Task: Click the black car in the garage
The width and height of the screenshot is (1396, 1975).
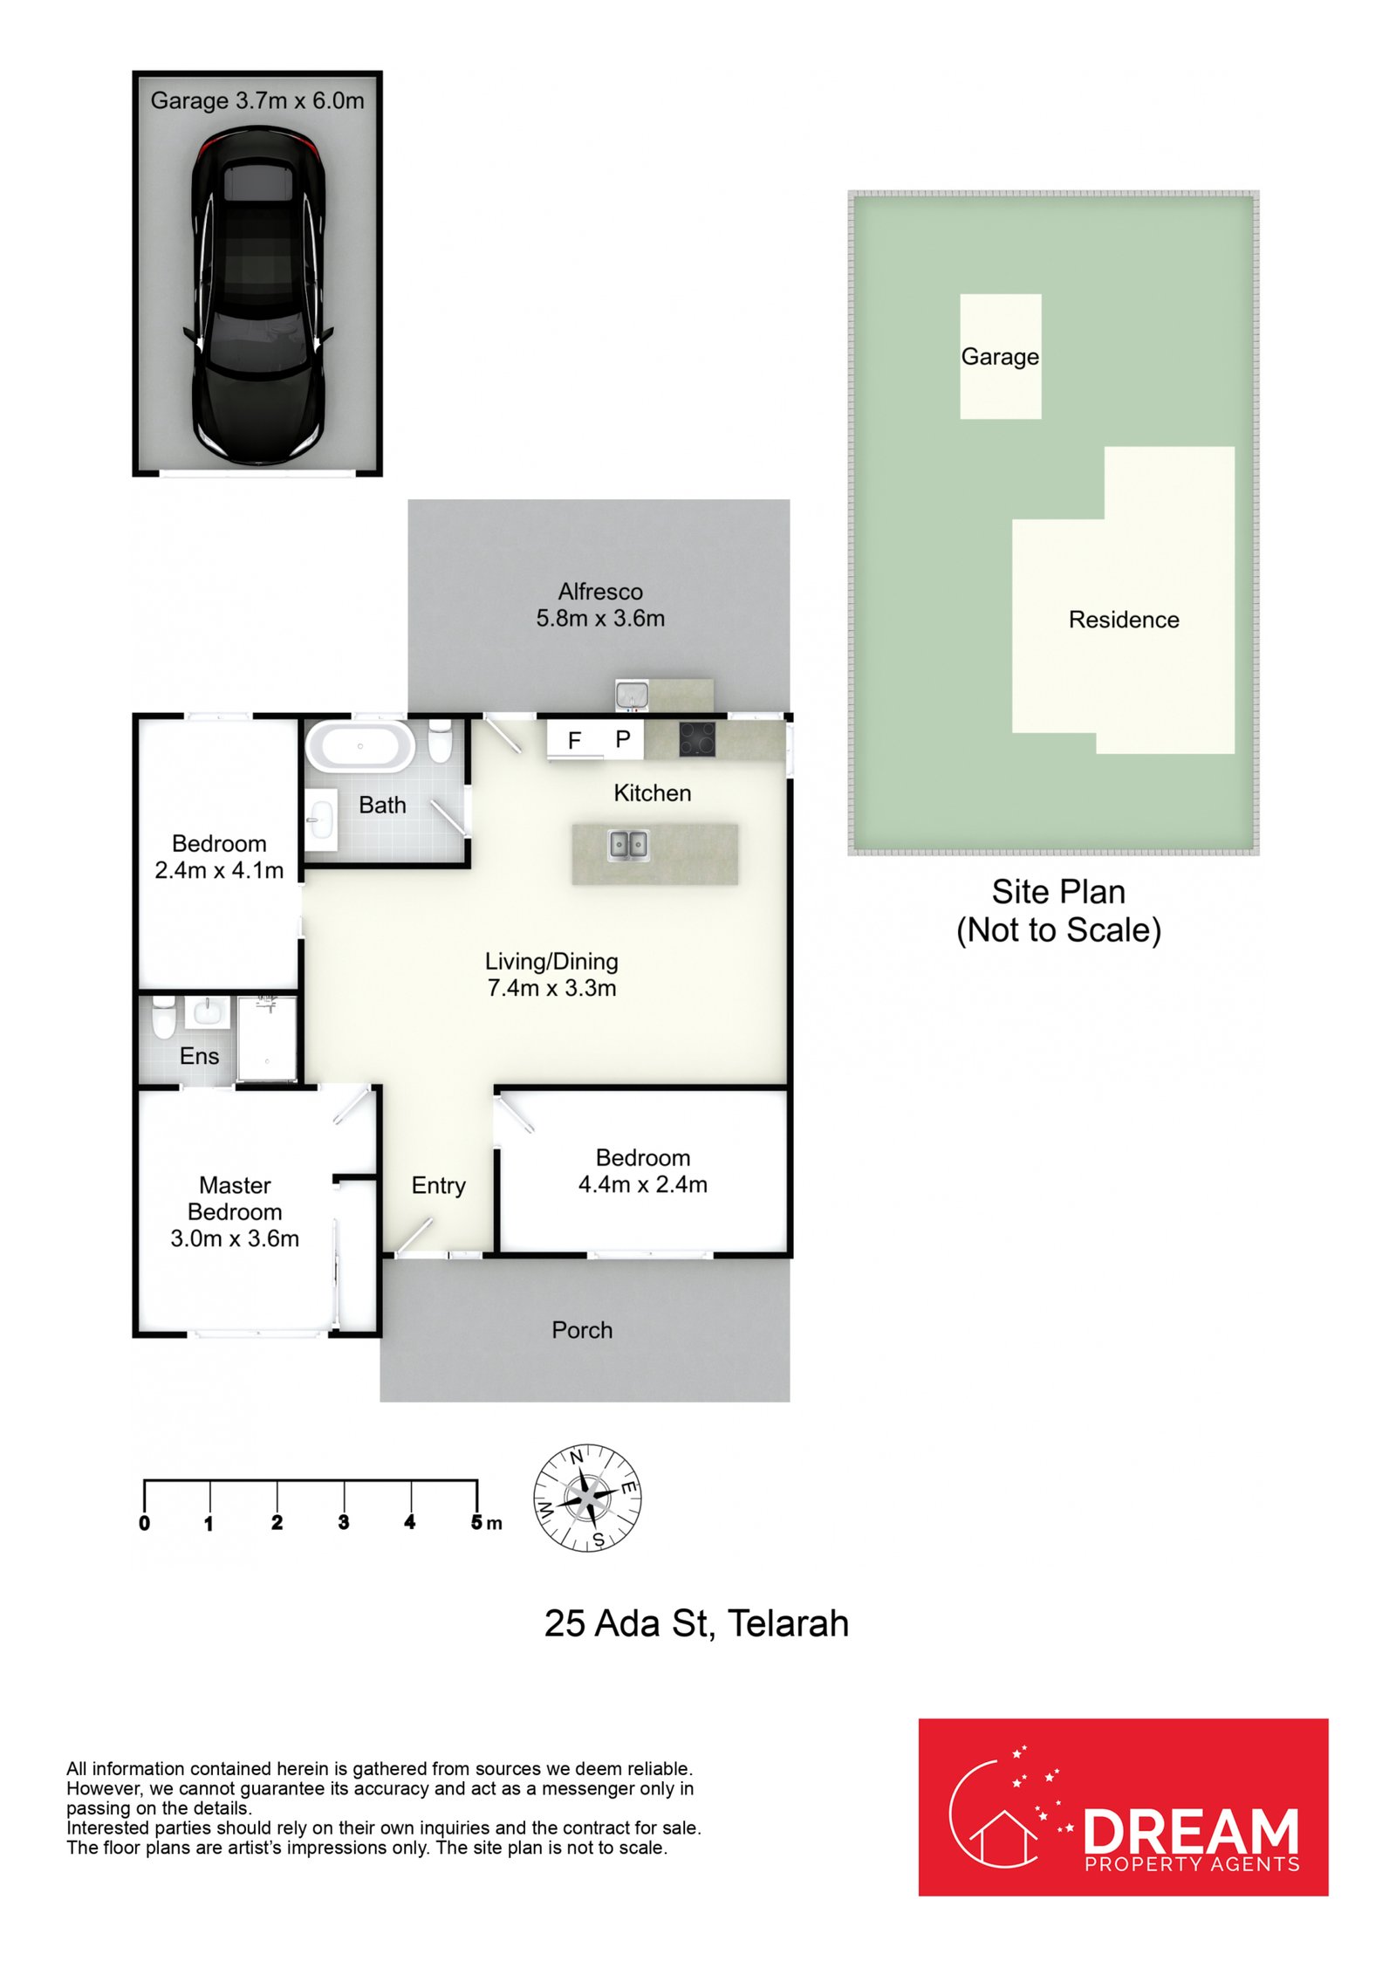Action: [258, 295]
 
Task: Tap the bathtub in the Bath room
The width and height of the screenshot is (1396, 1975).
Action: [359, 746]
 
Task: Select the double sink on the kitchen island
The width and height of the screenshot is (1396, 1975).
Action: [628, 845]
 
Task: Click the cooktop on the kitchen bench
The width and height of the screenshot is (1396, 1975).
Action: [697, 739]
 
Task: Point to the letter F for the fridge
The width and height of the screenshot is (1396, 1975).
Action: [574, 741]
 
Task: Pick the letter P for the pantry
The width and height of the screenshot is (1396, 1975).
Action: [622, 739]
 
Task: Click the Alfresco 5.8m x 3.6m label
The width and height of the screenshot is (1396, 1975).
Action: [600, 605]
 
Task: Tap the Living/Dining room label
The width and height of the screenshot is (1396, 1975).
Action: [551, 974]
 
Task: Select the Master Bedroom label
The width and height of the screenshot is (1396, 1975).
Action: [235, 1211]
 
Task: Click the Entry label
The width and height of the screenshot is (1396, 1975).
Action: [438, 1186]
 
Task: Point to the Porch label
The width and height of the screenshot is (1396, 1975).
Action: [582, 1330]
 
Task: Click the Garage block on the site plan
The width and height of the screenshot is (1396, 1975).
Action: [1000, 356]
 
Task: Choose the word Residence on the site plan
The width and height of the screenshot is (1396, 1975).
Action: [1124, 620]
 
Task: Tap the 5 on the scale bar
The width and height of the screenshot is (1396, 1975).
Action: [476, 1522]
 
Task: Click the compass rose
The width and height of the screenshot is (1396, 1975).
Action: [587, 1498]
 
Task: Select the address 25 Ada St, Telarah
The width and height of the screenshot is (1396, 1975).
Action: [696, 1623]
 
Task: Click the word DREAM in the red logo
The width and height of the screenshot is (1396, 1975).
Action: [1191, 1830]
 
